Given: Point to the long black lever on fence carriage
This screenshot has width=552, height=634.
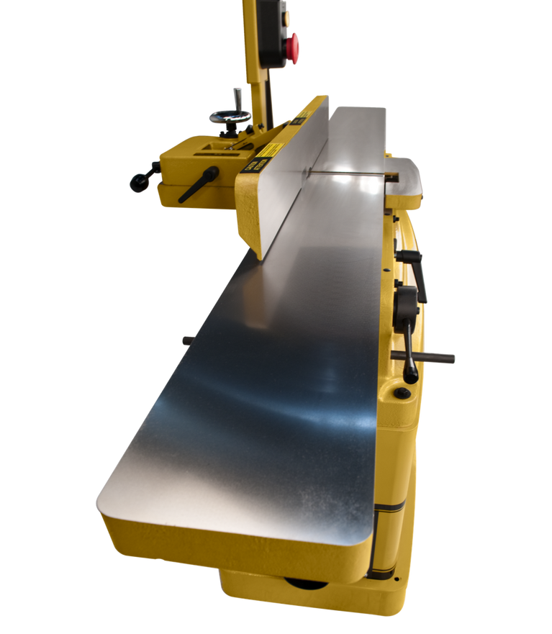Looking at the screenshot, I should [x=198, y=184].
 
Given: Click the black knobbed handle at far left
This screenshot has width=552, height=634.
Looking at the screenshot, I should [x=142, y=177].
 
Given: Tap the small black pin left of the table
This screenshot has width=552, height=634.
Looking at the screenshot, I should [x=186, y=339].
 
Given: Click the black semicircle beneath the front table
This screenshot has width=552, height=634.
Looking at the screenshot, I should [x=306, y=581].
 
